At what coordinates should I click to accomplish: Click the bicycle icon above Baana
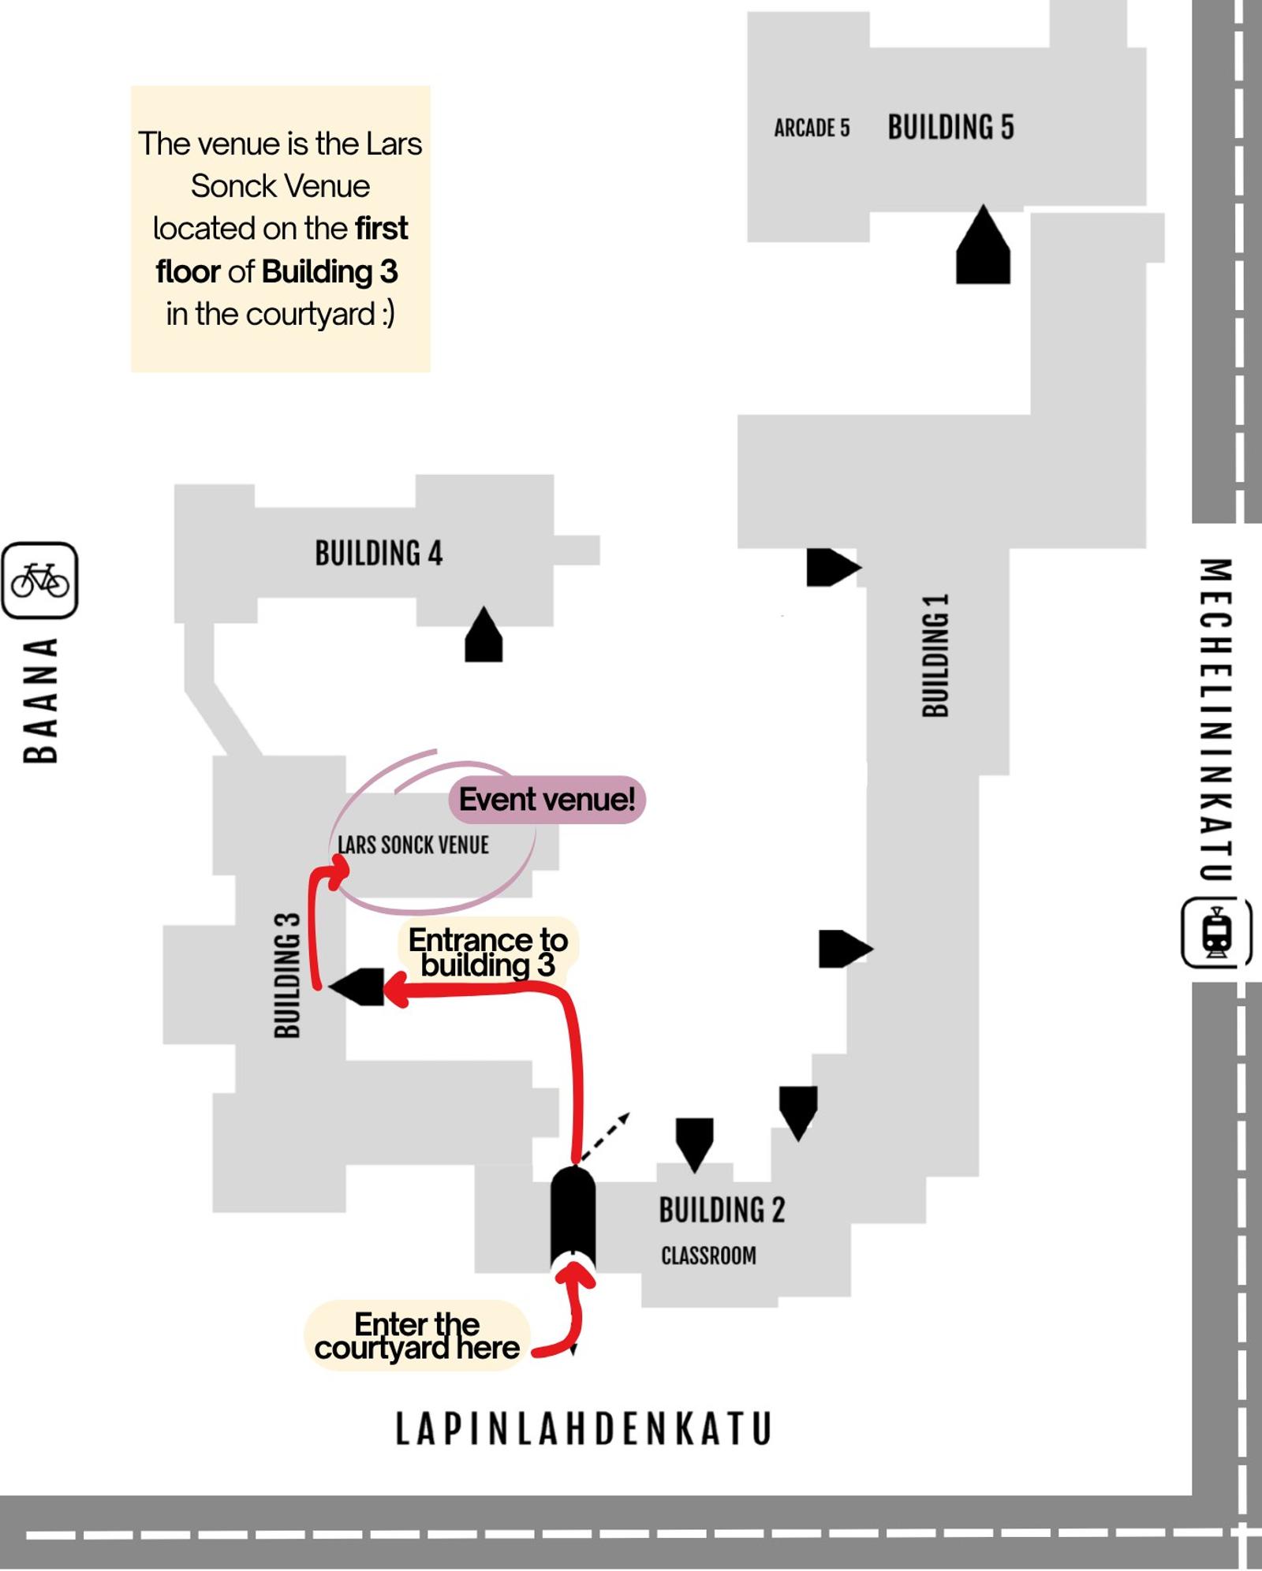[39, 580]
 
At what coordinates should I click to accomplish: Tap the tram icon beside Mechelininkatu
[1216, 931]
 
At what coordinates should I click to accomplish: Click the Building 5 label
[950, 127]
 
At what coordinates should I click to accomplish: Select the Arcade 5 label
[812, 128]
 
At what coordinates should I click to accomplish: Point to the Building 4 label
[379, 553]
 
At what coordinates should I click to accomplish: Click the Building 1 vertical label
[935, 655]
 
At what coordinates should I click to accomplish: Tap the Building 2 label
[722, 1210]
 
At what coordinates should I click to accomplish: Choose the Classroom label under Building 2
[708, 1255]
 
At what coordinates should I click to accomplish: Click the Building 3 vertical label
[287, 975]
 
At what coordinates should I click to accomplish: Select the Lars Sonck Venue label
[413, 845]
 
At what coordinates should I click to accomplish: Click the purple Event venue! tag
[547, 800]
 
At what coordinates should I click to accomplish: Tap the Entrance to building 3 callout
[488, 951]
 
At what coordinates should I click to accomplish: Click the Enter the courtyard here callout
[416, 1336]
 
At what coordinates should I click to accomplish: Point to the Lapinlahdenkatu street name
[584, 1429]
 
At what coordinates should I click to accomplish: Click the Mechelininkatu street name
[1215, 719]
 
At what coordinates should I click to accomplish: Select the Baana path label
[40, 700]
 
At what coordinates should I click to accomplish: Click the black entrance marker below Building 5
[983, 244]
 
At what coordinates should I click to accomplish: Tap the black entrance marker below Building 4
[484, 634]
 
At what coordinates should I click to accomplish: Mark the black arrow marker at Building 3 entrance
[357, 987]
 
